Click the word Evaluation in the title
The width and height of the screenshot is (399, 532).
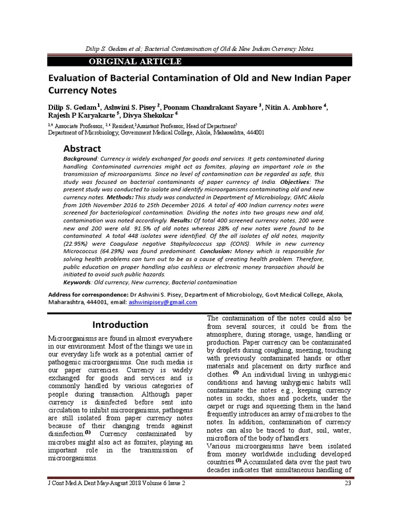(x=74, y=78)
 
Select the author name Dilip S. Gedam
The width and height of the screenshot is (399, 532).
(x=72, y=108)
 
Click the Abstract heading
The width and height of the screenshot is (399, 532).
(x=82, y=149)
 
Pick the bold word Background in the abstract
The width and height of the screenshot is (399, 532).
(x=80, y=158)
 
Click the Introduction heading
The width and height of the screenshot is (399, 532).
(x=120, y=325)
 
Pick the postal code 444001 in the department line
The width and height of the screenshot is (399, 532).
(x=253, y=132)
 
